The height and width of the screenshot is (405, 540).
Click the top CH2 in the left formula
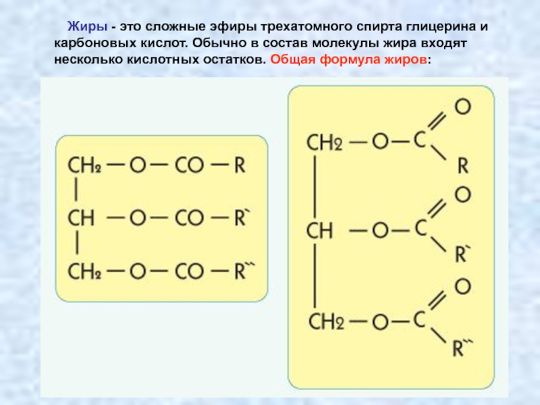[84, 166]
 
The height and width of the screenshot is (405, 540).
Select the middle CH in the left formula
[80, 217]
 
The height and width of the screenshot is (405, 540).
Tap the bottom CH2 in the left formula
[84, 271]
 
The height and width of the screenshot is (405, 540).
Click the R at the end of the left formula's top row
[240, 166]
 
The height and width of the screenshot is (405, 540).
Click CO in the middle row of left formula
[189, 217]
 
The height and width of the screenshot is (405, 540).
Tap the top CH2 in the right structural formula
[325, 142]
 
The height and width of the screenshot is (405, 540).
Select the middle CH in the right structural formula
[321, 231]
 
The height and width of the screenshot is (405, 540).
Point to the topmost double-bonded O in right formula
[462, 107]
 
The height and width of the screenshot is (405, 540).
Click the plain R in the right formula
[462, 166]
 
